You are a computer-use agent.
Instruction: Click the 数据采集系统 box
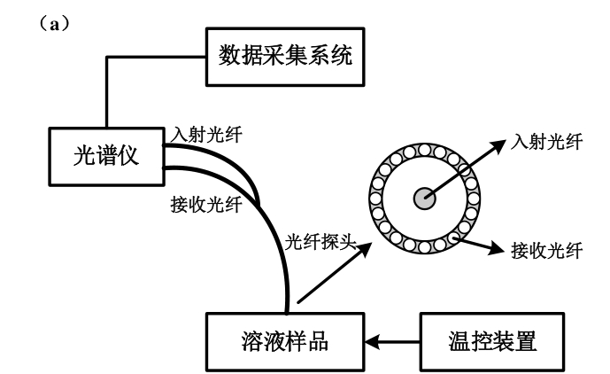click(x=284, y=58)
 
